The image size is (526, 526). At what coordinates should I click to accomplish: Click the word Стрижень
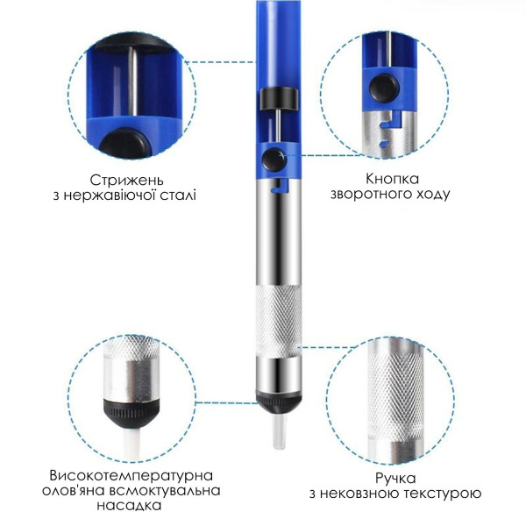(x=126, y=181)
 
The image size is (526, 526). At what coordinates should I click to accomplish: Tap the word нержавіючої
(x=111, y=195)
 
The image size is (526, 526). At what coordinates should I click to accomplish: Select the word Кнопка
(x=392, y=179)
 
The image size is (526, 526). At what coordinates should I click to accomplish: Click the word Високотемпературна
(x=131, y=476)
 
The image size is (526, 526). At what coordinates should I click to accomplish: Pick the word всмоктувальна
(x=164, y=491)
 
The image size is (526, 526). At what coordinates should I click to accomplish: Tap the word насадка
(x=129, y=506)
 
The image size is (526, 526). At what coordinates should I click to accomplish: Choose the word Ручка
(x=395, y=479)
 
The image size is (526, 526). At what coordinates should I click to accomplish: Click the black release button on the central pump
(x=274, y=160)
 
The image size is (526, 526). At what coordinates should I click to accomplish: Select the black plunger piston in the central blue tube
(x=279, y=98)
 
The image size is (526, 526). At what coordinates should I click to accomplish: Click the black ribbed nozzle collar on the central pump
(x=279, y=402)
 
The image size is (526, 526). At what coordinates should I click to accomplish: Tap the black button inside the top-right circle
(x=383, y=88)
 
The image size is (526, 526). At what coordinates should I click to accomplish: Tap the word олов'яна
(x=72, y=491)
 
